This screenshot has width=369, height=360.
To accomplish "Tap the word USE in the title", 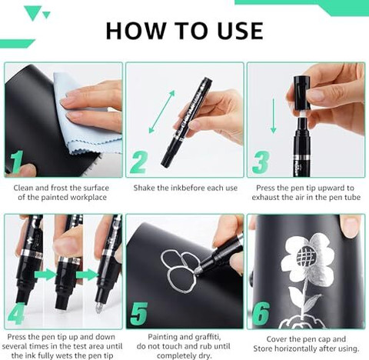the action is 240,31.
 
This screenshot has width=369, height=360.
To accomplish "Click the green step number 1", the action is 17,162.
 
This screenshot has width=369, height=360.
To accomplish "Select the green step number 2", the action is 138,162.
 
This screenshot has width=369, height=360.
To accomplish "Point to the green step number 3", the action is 261,162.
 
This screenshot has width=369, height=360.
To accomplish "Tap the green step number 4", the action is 17,314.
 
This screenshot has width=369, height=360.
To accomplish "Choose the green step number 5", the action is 139,314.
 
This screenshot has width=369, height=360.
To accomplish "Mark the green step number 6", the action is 261,313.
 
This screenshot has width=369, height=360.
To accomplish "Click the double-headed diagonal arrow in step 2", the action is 161,112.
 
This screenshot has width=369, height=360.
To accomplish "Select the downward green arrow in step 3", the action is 274,116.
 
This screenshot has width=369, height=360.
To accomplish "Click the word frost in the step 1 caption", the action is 59,188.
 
